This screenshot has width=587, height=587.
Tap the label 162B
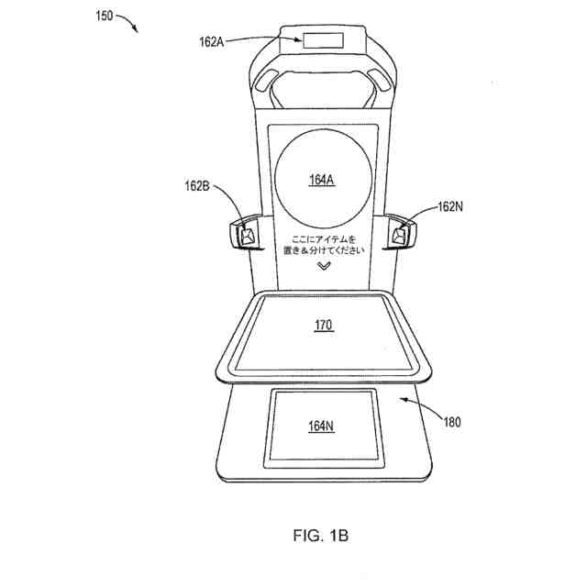click(197, 187)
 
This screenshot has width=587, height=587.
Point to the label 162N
click(450, 206)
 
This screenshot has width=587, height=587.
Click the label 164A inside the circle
click(322, 180)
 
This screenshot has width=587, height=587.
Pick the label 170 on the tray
click(322, 325)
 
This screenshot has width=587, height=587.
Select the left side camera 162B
click(246, 235)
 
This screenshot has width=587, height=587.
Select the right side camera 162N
click(400, 235)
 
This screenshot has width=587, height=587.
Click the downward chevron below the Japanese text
click(323, 266)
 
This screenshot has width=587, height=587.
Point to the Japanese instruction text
click(323, 244)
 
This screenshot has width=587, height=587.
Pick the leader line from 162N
click(418, 216)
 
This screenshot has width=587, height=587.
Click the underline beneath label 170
click(322, 331)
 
